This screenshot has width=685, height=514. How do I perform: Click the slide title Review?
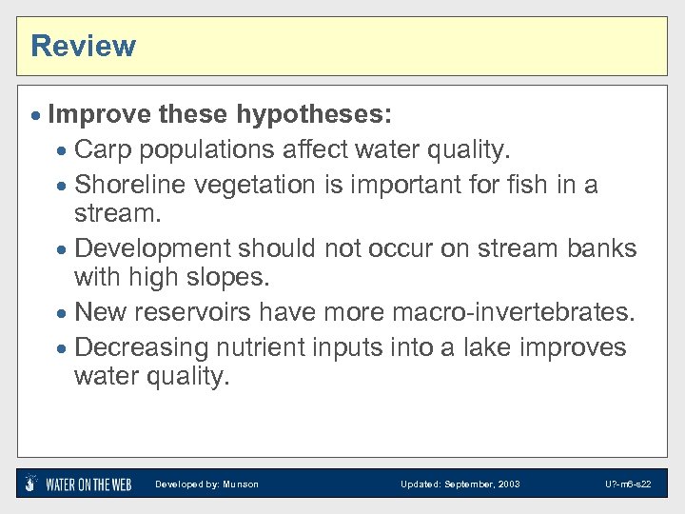tap(83, 46)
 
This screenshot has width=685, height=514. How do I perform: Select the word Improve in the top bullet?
tap(99, 115)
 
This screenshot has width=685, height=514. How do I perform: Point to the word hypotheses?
tap(313, 115)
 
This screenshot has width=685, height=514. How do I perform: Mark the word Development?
tap(152, 247)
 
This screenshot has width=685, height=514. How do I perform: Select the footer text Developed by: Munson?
tap(206, 484)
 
